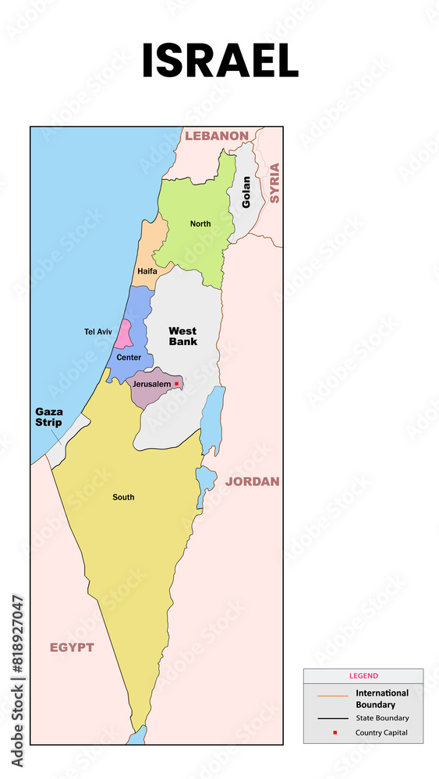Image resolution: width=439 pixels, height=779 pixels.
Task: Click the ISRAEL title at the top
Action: [x=220, y=62]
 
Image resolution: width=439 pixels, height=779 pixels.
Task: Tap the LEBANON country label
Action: [x=216, y=136]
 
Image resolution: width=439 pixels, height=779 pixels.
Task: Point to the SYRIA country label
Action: [x=274, y=183]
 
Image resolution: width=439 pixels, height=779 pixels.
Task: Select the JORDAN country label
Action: [x=252, y=481]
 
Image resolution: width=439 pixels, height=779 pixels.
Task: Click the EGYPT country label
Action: [x=72, y=647]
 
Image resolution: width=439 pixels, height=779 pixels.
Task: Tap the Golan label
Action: [x=246, y=192]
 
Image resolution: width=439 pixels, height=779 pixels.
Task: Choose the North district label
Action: [x=200, y=224]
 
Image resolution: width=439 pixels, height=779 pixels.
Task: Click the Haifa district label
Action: [x=147, y=272]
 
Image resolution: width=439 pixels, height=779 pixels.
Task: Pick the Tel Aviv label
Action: [x=98, y=332]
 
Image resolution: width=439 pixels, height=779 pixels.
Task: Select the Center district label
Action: [x=129, y=358]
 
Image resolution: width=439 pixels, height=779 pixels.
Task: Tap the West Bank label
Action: [x=183, y=336]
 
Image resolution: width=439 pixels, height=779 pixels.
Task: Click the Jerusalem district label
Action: [x=152, y=384]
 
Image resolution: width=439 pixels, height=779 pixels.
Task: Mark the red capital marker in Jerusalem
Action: [x=177, y=383]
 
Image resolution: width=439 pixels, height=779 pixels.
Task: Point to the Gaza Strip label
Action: [x=48, y=417]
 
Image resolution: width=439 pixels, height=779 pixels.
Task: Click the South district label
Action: [x=123, y=497]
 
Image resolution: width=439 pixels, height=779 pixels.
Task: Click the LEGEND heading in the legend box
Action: [x=363, y=676]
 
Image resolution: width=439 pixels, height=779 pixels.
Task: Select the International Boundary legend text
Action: [x=382, y=698]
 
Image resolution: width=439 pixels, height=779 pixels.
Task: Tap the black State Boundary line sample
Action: [x=333, y=718]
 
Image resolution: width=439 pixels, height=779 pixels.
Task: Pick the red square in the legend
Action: [x=335, y=733]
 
